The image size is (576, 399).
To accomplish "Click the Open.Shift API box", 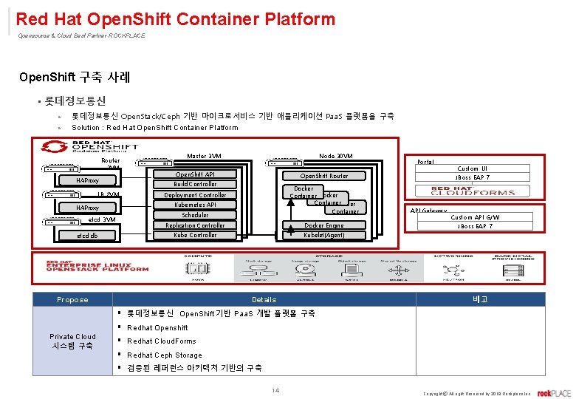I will pos(195,174).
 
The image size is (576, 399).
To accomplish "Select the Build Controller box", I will pos(195,184).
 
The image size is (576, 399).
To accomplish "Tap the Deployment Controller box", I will pos(195,195).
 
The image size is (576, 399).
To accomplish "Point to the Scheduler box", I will pos(195,215).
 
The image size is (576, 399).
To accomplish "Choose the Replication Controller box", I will pos(195,225).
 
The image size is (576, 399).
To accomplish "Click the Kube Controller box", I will pos(195,235).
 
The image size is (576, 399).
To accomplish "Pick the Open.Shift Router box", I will pos(323,176).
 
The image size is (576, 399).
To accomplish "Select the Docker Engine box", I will pos(323,225).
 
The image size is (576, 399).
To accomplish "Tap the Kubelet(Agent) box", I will pos(323,235).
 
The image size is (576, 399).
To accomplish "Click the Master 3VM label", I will pos(204,156).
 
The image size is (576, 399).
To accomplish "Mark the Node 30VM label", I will pos(335,156).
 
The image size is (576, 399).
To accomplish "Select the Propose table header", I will pos(72,299).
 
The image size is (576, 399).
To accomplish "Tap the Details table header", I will pos(264,299).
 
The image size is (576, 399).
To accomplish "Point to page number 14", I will pos(275,390).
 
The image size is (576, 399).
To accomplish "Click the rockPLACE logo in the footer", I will pos(554,392).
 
